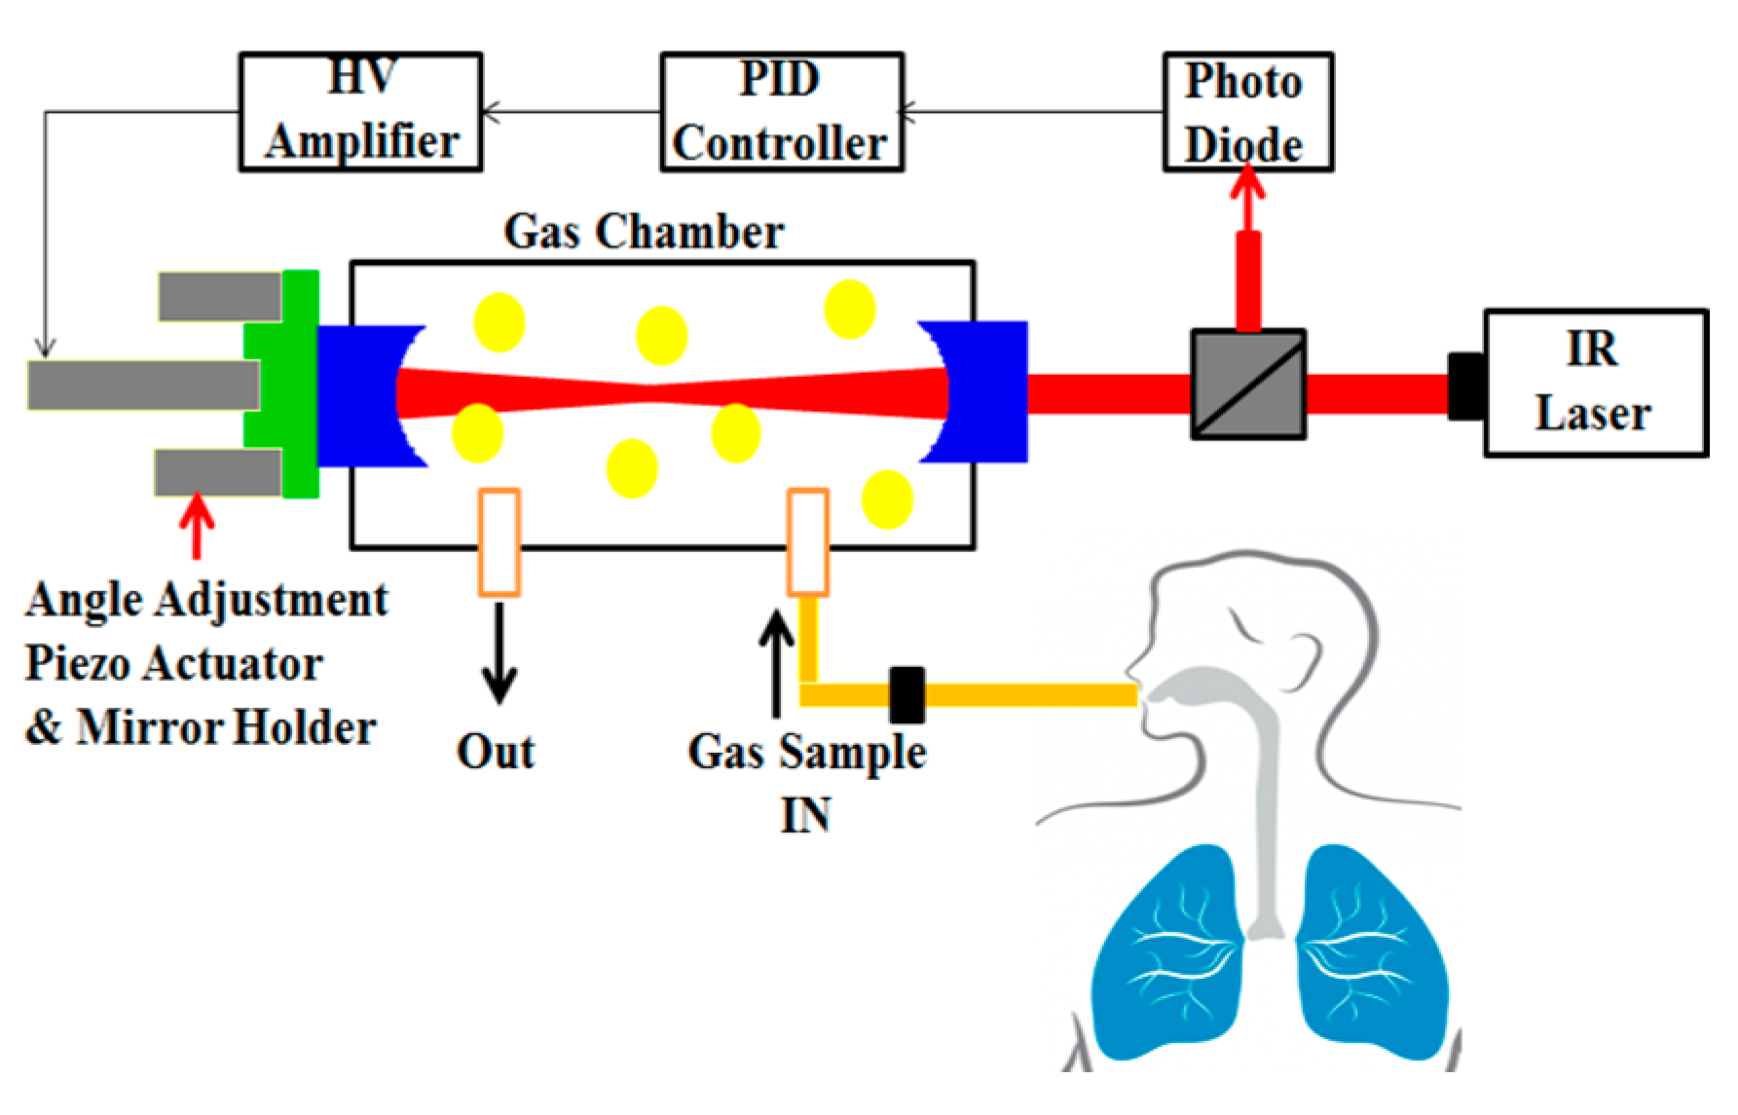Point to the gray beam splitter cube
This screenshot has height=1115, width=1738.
1248,384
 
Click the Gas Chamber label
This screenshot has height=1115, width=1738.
644,233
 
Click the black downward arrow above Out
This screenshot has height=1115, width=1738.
499,652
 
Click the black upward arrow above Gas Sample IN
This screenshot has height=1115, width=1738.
776,663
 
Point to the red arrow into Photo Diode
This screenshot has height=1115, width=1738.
1248,249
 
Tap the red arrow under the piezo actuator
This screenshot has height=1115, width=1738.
198,525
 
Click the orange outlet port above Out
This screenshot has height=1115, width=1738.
499,541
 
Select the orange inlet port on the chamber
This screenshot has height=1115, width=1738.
808,541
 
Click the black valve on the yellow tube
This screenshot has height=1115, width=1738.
907,694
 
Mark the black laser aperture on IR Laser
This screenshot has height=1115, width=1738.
1466,387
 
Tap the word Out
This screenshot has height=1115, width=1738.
497,752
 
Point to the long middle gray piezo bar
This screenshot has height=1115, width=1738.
144,386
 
